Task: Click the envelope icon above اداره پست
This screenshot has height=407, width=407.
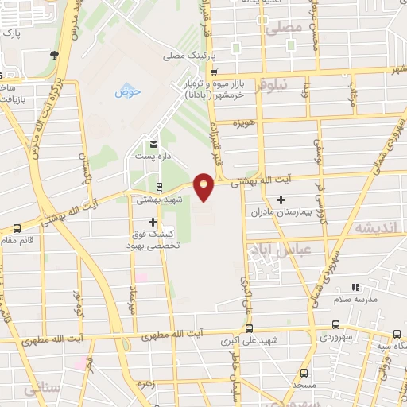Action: coord(153,145)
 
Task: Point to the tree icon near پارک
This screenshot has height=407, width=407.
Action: coord(53,55)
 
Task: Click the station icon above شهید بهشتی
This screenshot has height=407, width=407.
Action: coord(159,188)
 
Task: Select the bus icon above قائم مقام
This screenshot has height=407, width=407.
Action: coord(17,229)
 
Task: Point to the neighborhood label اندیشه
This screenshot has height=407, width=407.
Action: coord(377,228)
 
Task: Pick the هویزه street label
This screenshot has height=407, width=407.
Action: coord(242,123)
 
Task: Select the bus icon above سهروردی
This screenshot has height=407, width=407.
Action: coord(336,324)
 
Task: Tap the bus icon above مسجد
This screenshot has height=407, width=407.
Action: coord(304,372)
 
